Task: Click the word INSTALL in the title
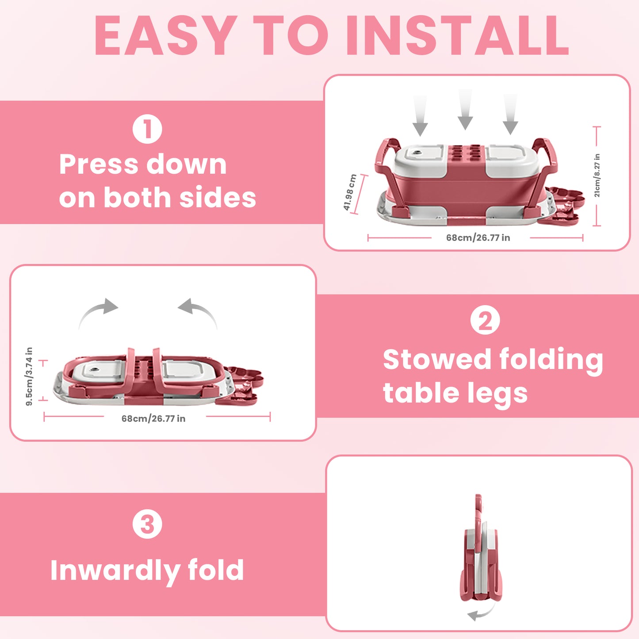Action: tap(457, 35)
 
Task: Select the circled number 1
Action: tap(147, 129)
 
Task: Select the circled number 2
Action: tap(485, 321)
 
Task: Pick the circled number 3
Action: tap(147, 524)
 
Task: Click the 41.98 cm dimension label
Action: tap(350, 193)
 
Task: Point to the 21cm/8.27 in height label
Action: tap(597, 176)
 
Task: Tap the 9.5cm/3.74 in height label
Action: tap(29, 376)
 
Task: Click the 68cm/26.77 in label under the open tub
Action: tap(478, 238)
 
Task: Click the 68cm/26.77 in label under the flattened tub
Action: tap(153, 418)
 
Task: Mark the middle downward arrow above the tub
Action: tap(465, 111)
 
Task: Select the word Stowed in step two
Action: tap(437, 359)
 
